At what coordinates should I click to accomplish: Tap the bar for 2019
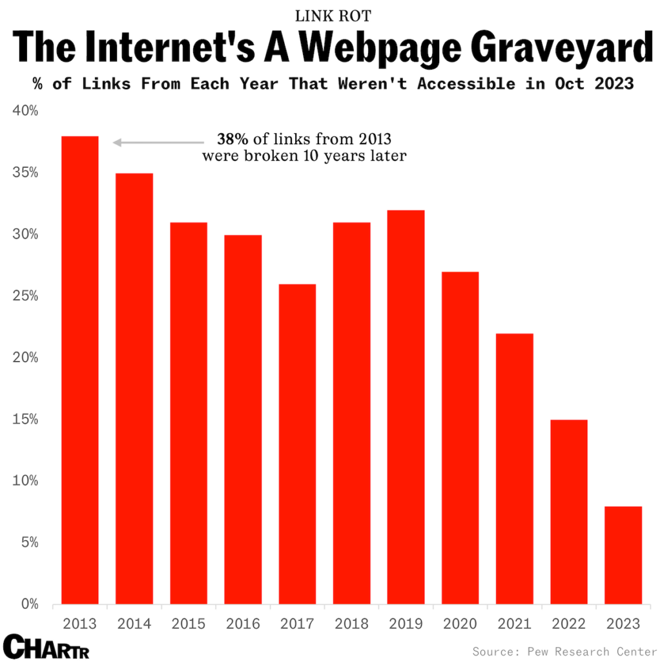(406, 407)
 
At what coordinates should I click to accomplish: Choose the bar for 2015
(189, 413)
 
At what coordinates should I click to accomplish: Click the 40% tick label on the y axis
(26, 111)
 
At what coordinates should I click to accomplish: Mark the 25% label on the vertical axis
(26, 296)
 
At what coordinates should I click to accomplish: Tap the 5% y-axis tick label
(28, 543)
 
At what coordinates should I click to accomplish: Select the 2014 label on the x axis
(134, 624)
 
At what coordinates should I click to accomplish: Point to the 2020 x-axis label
(460, 624)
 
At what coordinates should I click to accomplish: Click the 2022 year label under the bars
(569, 624)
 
